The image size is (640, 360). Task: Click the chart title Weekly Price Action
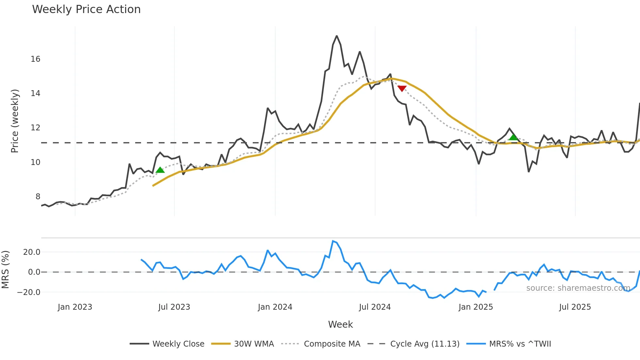[86, 9]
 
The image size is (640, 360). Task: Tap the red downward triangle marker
[402, 89]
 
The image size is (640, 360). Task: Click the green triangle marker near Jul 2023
[160, 170]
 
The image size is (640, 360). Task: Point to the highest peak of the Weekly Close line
[337, 36]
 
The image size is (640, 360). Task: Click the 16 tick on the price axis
[35, 59]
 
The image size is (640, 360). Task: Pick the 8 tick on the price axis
[38, 197]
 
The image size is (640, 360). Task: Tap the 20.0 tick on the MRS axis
[32, 252]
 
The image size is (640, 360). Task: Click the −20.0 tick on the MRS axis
[29, 292]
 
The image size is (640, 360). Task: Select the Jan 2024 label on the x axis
[275, 307]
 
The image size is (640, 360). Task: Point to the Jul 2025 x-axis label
[575, 307]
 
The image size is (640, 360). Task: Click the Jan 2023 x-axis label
[75, 307]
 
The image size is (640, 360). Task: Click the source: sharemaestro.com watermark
[578, 288]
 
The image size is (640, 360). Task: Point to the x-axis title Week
[340, 324]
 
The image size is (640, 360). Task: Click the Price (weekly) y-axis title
[15, 121]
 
